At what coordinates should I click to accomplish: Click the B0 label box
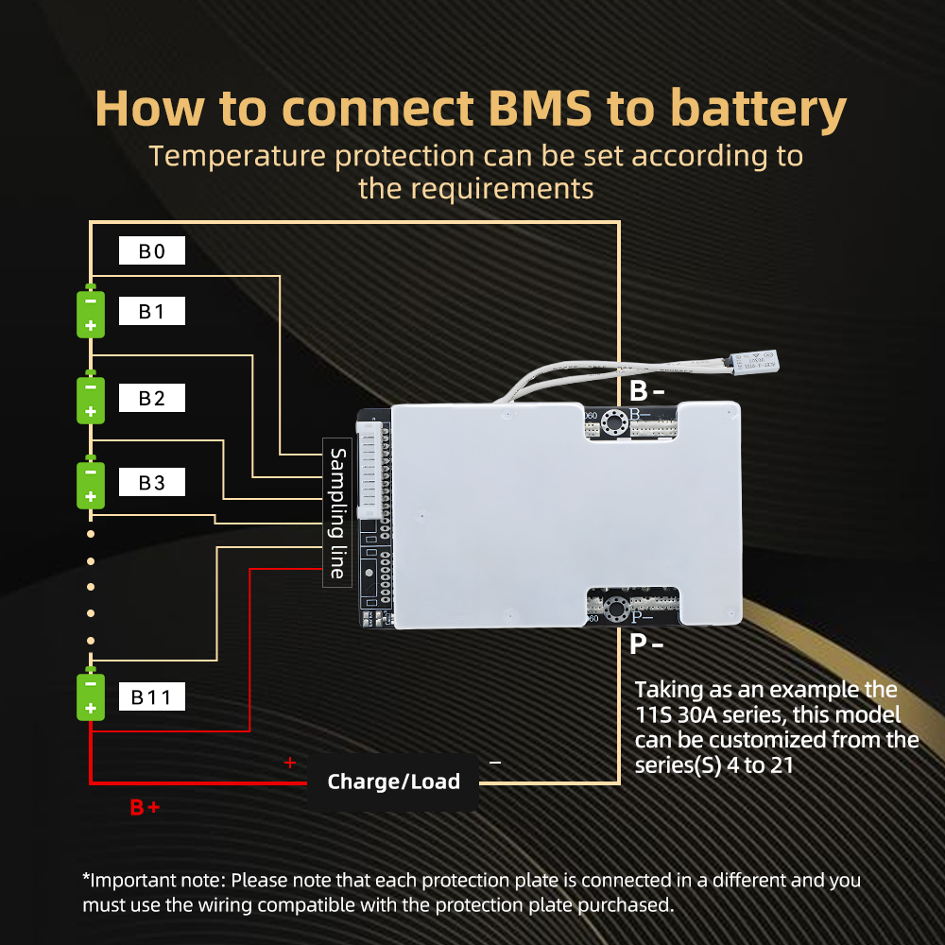(151, 251)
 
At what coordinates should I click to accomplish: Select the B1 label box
(151, 312)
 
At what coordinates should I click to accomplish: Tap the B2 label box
(151, 398)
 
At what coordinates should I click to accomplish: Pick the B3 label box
(151, 483)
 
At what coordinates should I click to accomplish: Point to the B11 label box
(151, 697)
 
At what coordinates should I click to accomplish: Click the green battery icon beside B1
(91, 313)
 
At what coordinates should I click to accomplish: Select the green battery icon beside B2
(91, 399)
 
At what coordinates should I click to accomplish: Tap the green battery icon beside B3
(91, 484)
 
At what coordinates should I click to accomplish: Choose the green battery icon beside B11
(91, 696)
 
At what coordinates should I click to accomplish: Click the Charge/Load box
(393, 782)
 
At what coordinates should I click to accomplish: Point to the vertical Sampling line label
(337, 513)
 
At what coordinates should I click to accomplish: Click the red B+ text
(145, 808)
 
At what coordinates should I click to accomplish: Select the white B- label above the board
(646, 389)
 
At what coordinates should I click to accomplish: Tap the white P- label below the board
(646, 644)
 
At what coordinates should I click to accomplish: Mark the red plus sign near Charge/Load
(290, 763)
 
